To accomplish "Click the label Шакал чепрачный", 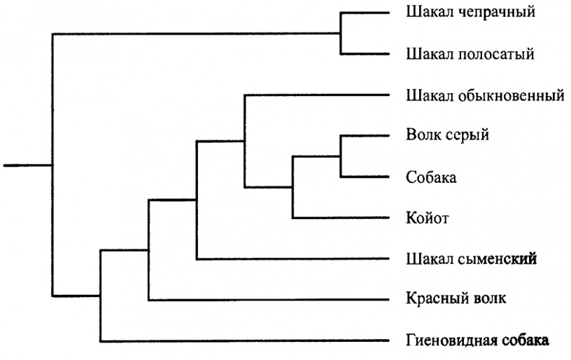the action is [471, 12].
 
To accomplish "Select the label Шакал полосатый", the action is [470, 54].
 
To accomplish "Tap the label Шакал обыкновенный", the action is [485, 96].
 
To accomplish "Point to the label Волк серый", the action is [447, 135].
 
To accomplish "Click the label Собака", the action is [432, 177].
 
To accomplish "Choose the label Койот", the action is [427, 218].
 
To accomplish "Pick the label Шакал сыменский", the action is [471, 259].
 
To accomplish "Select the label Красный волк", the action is [456, 299].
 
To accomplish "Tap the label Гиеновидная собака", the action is [477, 340].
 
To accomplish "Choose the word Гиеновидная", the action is [452, 340].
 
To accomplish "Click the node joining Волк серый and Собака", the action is [340, 157].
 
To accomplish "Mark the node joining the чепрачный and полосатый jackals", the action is [340, 33].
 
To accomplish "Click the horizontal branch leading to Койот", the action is [341, 218].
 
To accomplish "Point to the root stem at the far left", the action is [28, 166].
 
